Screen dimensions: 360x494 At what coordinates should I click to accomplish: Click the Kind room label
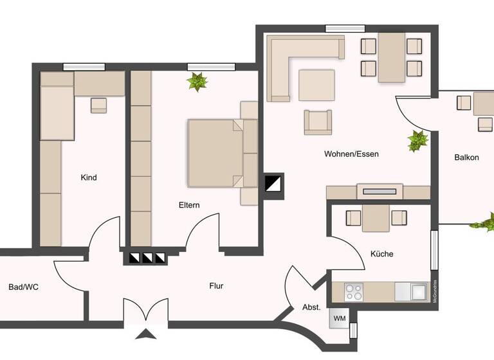point(89,177)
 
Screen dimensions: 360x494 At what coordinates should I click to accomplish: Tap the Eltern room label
point(189,206)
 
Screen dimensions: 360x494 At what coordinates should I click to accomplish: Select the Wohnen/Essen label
point(351,154)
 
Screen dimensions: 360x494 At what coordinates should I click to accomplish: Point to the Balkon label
point(466,157)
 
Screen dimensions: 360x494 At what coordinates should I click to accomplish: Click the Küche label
point(381,254)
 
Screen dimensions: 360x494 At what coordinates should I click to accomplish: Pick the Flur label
point(217,286)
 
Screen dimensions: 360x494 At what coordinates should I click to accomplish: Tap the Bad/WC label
point(24,287)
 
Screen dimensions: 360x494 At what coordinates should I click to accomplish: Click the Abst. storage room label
point(311,308)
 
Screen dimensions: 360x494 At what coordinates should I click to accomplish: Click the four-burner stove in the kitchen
point(354,292)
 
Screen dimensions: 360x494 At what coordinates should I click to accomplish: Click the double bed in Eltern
point(215,153)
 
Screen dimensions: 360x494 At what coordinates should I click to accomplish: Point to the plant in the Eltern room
point(197,82)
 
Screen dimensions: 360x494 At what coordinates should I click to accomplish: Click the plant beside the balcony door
point(418,141)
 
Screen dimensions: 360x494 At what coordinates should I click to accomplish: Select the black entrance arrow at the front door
point(147,334)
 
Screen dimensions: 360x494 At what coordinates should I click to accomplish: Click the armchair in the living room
point(318,122)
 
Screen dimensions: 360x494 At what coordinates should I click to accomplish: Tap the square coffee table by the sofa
point(316,85)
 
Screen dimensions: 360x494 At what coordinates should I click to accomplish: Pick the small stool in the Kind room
point(98,105)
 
